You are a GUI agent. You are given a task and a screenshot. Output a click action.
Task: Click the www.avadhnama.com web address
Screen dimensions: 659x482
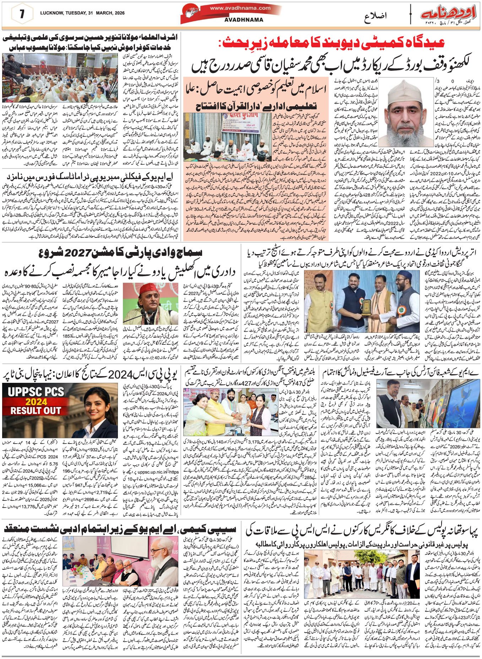(240, 8)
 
